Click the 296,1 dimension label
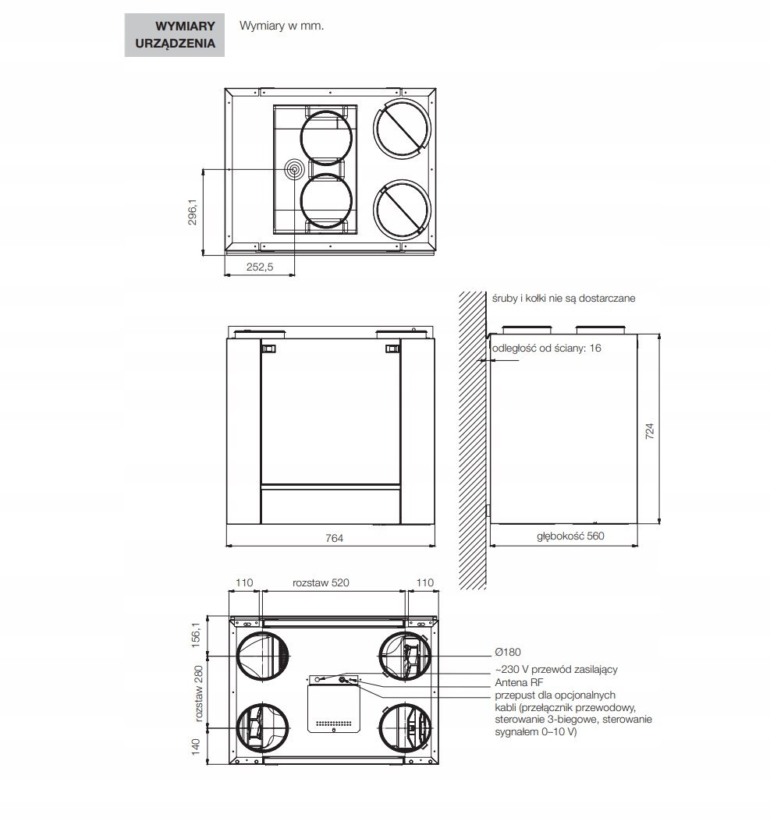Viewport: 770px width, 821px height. tap(193, 212)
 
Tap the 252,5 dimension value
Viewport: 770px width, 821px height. tap(260, 267)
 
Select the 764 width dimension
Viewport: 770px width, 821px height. tap(334, 538)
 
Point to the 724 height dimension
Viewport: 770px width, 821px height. tap(650, 430)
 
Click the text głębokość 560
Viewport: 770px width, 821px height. tap(570, 536)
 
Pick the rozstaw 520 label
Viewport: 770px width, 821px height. tap(321, 582)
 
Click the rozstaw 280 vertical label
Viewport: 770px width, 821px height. tap(198, 694)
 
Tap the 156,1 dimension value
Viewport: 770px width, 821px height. tap(195, 635)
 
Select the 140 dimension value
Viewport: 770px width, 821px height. tap(195, 746)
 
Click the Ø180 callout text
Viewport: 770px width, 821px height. tap(508, 652)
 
